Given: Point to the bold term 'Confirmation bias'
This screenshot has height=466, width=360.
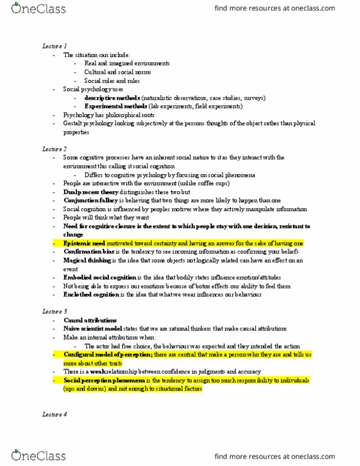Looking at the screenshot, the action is coord(87,251).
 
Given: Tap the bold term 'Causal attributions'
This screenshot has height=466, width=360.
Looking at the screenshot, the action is coord(90,320).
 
